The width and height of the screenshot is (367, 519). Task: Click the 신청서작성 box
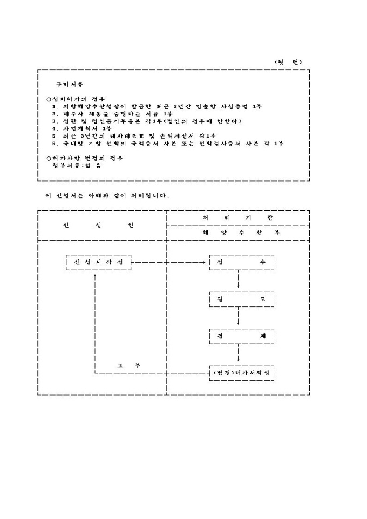pos(98,262)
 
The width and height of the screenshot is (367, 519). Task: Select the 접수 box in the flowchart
pos(241,262)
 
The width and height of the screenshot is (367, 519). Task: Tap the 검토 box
pos(241,299)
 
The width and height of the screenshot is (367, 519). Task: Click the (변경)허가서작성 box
pos(241,373)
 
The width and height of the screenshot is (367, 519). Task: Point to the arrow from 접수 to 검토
pos(238,281)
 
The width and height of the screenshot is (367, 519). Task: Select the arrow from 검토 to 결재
pos(238,317)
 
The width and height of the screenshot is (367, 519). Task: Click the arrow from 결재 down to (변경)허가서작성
pos(238,354)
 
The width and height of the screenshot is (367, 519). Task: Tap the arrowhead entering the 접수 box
pos(207,262)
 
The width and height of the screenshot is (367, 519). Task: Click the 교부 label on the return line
pos(128,365)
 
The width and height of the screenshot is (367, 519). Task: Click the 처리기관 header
pos(238,217)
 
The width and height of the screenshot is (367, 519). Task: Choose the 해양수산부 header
pos(238,233)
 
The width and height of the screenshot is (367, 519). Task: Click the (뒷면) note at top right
pos(288,62)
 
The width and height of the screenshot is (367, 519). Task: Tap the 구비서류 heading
pos(70,85)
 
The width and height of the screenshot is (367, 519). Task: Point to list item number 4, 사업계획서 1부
pos(82,128)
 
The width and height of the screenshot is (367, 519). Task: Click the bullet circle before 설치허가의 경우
pos(49,99)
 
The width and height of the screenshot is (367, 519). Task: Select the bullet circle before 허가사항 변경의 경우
pos(49,158)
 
